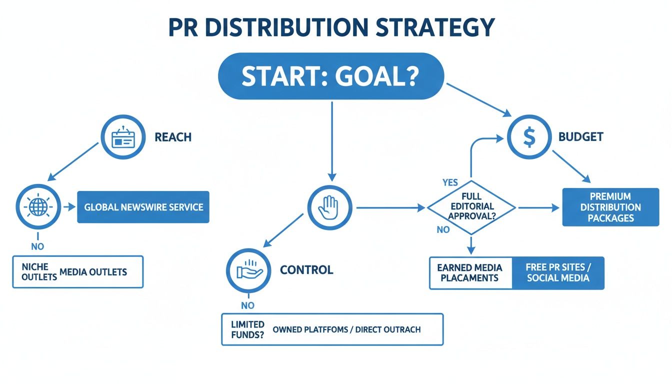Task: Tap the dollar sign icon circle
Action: [528, 137]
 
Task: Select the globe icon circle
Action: [38, 206]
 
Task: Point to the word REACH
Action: [173, 137]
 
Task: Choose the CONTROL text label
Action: [306, 270]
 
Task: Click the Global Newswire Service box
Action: [143, 206]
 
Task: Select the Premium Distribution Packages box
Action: [610, 207]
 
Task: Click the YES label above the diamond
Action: [450, 182]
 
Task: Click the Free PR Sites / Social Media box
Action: [558, 273]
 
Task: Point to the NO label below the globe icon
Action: [37, 246]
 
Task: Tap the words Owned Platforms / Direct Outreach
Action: [346, 329]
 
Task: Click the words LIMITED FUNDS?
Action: [247, 329]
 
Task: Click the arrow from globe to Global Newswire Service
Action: [67, 206]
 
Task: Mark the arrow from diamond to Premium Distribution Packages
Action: [538, 207]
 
